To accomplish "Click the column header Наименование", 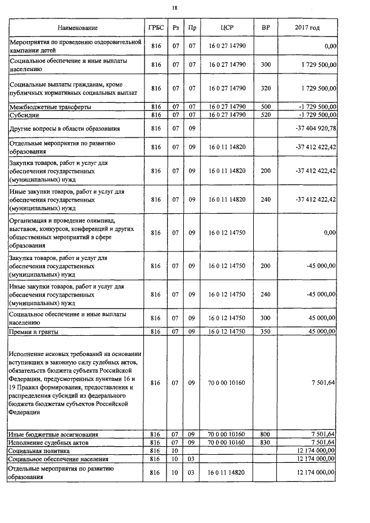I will [x=77, y=28].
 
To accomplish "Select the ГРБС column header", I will [x=156, y=28].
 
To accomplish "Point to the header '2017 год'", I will [x=306, y=28].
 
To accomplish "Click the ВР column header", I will [x=265, y=28].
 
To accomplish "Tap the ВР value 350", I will [x=265, y=332].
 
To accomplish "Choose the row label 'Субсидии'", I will [x=23, y=115].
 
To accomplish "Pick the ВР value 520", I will [x=265, y=115].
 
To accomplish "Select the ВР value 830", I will [x=265, y=442].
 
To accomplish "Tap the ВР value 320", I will [x=265, y=88].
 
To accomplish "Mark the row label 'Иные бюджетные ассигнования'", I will [x=53, y=434].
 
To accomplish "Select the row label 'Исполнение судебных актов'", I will [x=49, y=442].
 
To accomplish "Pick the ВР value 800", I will [x=265, y=434].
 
